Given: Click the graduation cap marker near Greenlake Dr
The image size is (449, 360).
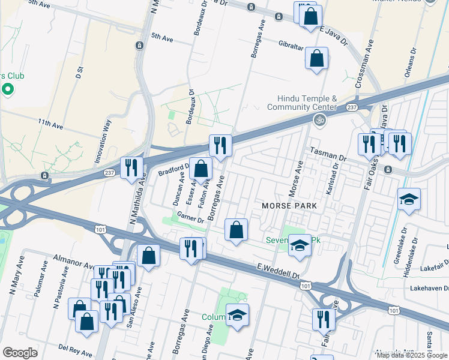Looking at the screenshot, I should (x=409, y=200).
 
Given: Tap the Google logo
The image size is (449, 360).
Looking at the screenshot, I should (x=20, y=353).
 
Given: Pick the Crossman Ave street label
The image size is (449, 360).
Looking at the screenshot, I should (x=366, y=64).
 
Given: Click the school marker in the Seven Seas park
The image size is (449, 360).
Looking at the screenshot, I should (x=300, y=245).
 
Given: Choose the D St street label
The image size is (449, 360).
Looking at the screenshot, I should (x=79, y=73).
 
